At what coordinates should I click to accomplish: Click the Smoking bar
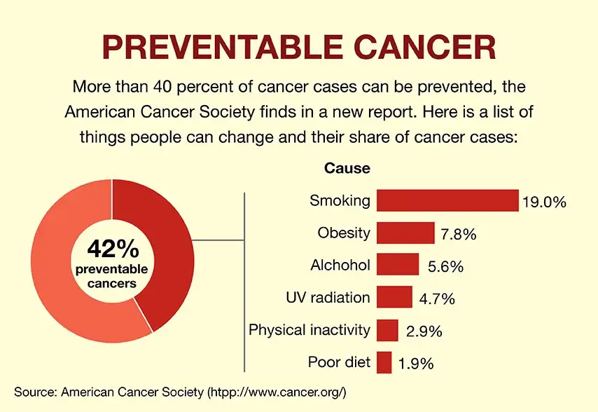point(447,200)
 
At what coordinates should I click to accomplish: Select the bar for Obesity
point(405,233)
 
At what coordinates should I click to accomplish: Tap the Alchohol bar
point(398,265)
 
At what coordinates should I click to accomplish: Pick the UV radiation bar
point(394,297)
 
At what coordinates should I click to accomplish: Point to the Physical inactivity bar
point(387,330)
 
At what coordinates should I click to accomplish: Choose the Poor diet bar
point(384,362)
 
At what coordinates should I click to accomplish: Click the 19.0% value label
point(543,203)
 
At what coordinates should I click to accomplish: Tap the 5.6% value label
point(445,268)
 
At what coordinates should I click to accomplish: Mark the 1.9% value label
point(416,364)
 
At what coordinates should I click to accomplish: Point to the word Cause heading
point(347,169)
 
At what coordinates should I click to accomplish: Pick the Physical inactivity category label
point(310,329)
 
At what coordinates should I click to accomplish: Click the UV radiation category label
point(328,297)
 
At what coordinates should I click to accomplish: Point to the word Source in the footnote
point(34,390)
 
